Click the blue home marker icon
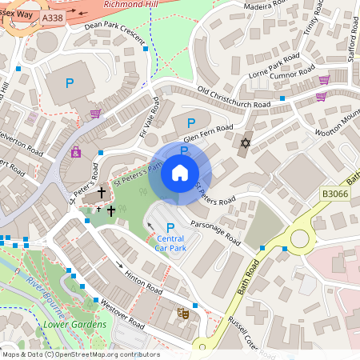point(180,172)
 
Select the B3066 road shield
point(337,193)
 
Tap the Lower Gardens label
point(75,324)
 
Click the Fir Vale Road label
point(150,117)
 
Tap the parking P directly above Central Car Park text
point(170,228)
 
